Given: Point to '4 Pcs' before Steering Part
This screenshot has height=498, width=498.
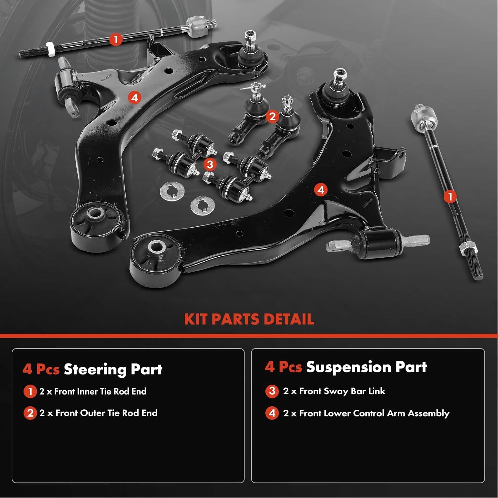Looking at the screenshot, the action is [41, 369].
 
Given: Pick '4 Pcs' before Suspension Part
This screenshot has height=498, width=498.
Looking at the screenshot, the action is [283, 367].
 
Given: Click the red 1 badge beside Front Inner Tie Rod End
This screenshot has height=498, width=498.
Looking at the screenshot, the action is [30, 392].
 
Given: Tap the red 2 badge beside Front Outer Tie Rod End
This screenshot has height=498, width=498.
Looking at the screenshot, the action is [30, 413].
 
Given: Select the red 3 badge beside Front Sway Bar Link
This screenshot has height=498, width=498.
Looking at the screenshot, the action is [272, 391].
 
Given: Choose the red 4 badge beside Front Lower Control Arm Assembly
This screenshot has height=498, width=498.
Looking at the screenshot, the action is [272, 413].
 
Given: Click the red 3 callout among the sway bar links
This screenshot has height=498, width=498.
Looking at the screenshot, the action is [210, 164].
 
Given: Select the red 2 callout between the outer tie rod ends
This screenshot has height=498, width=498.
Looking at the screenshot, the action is [272, 117].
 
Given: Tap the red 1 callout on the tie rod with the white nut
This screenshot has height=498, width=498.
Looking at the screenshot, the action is [116, 40].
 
